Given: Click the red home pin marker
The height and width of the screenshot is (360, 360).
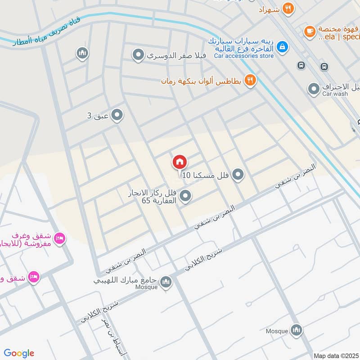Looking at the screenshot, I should [179, 162].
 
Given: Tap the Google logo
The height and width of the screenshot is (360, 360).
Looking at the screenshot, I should [19, 353].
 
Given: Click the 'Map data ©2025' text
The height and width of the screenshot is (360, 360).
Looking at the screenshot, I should [336, 355].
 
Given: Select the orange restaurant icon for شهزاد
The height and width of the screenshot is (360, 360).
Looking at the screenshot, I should [288, 8].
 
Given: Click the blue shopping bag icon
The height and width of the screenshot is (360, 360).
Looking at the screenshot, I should [282, 46].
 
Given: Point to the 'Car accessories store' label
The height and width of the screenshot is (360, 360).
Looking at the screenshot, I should [243, 56].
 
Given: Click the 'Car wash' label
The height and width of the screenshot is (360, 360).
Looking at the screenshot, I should [335, 94].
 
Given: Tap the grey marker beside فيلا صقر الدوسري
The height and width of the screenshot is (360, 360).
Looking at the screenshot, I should [138, 55].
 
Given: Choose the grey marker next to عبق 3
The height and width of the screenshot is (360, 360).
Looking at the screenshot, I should [117, 116].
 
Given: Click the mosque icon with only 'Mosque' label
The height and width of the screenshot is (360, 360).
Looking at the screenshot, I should [296, 330].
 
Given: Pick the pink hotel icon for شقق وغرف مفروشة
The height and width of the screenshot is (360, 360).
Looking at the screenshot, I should [59, 238].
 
